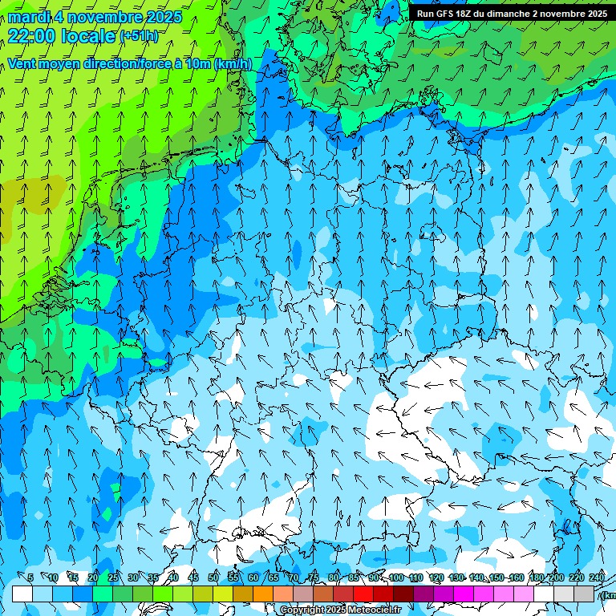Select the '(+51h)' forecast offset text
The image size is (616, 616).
pyautogui.click(x=139, y=36)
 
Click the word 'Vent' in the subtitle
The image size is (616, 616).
pyautogui.click(x=24, y=64)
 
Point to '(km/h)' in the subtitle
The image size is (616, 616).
pyautogui.click(x=233, y=64)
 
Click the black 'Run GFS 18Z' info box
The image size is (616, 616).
pyautogui.click(x=512, y=13)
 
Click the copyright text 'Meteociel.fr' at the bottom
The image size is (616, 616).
pyautogui.click(x=375, y=610)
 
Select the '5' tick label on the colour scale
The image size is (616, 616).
pyautogui.click(x=30, y=578)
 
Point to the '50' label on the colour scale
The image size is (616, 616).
pyautogui.click(x=213, y=578)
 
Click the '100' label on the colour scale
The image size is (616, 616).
pyautogui.click(x=396, y=578)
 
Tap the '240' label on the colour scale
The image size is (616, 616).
pyautogui.click(x=597, y=578)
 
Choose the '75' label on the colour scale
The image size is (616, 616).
pyautogui.click(x=314, y=578)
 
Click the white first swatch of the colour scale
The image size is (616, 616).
pyautogui.click(x=22, y=594)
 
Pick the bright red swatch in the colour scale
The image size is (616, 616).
pyautogui.click(x=363, y=594)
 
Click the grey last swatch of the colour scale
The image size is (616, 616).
pyautogui.click(x=584, y=594)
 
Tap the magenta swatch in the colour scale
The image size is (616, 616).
pyautogui.click(x=464, y=594)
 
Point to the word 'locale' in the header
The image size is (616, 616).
pyautogui.click(x=86, y=36)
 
